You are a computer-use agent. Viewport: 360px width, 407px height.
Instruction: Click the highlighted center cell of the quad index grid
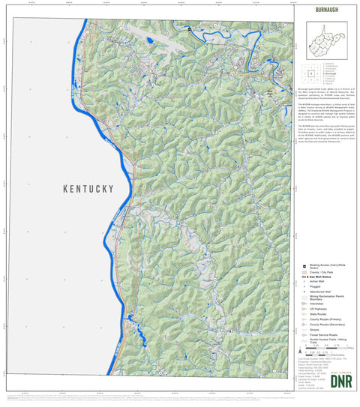(x=310, y=74)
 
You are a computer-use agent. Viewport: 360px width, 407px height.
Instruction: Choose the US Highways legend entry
(x=316, y=322)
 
